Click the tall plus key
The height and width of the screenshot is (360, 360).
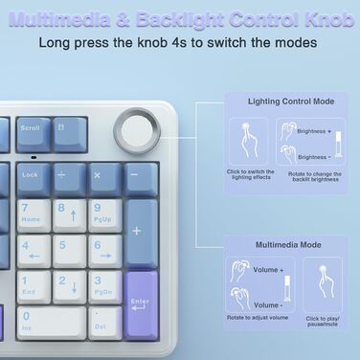pyautogui.click(x=141, y=231)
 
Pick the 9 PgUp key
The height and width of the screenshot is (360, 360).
pyautogui.click(x=104, y=214)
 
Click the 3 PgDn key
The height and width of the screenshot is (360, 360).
pyautogui.click(x=104, y=285)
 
